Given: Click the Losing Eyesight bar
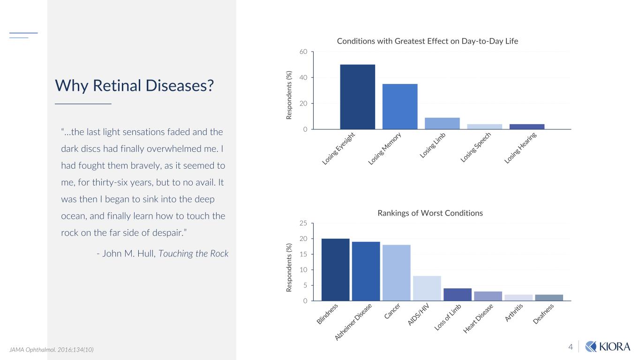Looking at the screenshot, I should pos(357,97).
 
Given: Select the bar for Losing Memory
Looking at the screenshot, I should pos(400,106).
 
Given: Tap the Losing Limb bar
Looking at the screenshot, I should pos(442,123).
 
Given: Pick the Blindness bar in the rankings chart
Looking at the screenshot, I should pos(335,270).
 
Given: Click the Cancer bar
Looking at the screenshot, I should pos(396,272).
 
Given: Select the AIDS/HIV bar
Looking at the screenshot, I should pos(427,288).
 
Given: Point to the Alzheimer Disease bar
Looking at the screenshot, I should pos(366,271).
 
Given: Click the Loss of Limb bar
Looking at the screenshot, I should pos(457,294).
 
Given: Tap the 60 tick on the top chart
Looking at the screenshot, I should pos(303,52).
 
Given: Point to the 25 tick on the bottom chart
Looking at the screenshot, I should pos(303,224).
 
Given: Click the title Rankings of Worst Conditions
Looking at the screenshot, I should pos(430,213).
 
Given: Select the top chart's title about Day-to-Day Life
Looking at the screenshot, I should pos(427,41).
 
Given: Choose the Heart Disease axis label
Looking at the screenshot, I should pos(479,319).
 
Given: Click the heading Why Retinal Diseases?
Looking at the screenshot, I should pos(135,85).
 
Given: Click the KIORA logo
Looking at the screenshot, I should pos(607,346).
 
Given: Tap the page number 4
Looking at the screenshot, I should pos(571,347).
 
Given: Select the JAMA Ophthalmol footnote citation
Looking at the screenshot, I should pos(52,350).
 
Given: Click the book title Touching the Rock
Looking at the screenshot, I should pos(193,254).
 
